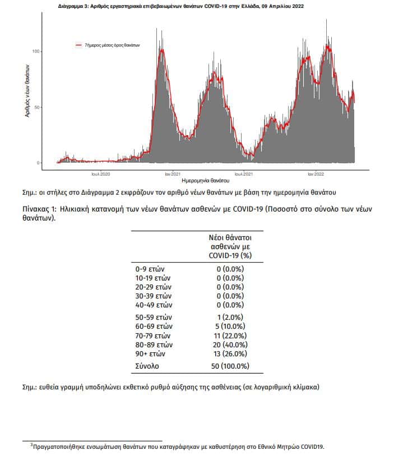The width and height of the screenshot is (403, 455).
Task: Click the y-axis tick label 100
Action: pyautogui.click(x=35, y=52)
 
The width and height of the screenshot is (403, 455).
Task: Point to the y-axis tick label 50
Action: pyautogui.click(x=36, y=107)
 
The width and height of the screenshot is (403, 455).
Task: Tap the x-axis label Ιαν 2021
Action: pyautogui.click(x=173, y=174)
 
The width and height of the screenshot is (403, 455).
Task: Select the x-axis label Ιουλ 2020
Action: pyautogui.click(x=100, y=174)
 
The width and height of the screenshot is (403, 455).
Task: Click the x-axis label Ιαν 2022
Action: pyautogui.click(x=316, y=174)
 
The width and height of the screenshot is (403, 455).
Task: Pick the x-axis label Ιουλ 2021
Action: pyautogui.click(x=244, y=174)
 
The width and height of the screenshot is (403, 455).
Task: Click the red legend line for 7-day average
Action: pyautogui.click(x=78, y=45)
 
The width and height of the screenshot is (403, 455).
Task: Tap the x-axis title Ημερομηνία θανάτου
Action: pyautogui.click(x=205, y=181)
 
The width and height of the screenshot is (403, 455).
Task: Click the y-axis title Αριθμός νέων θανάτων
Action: pyautogui.click(x=27, y=91)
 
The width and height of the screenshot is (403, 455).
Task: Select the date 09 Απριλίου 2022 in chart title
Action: pyautogui.click(x=282, y=6)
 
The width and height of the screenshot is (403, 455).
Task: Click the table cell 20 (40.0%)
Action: pyautogui.click(x=230, y=344)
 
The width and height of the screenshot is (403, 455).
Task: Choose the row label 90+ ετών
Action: pyautogui.click(x=150, y=353)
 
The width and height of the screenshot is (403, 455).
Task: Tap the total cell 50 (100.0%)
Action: pyautogui.click(x=230, y=366)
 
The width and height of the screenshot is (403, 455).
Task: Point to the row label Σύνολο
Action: pyautogui.click(x=147, y=366)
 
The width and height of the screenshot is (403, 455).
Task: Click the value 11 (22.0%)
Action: pyautogui.click(x=230, y=335)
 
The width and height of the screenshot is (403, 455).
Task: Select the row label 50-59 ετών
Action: pyautogui.click(x=154, y=317)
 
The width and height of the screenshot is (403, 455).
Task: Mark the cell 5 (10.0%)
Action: pyautogui.click(x=230, y=326)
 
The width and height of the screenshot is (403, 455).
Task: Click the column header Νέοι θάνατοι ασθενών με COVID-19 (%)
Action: pyautogui.click(x=230, y=246)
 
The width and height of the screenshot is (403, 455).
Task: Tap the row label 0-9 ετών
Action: pyautogui.click(x=150, y=269)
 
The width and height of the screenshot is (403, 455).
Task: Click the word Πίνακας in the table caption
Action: pyautogui.click(x=37, y=209)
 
